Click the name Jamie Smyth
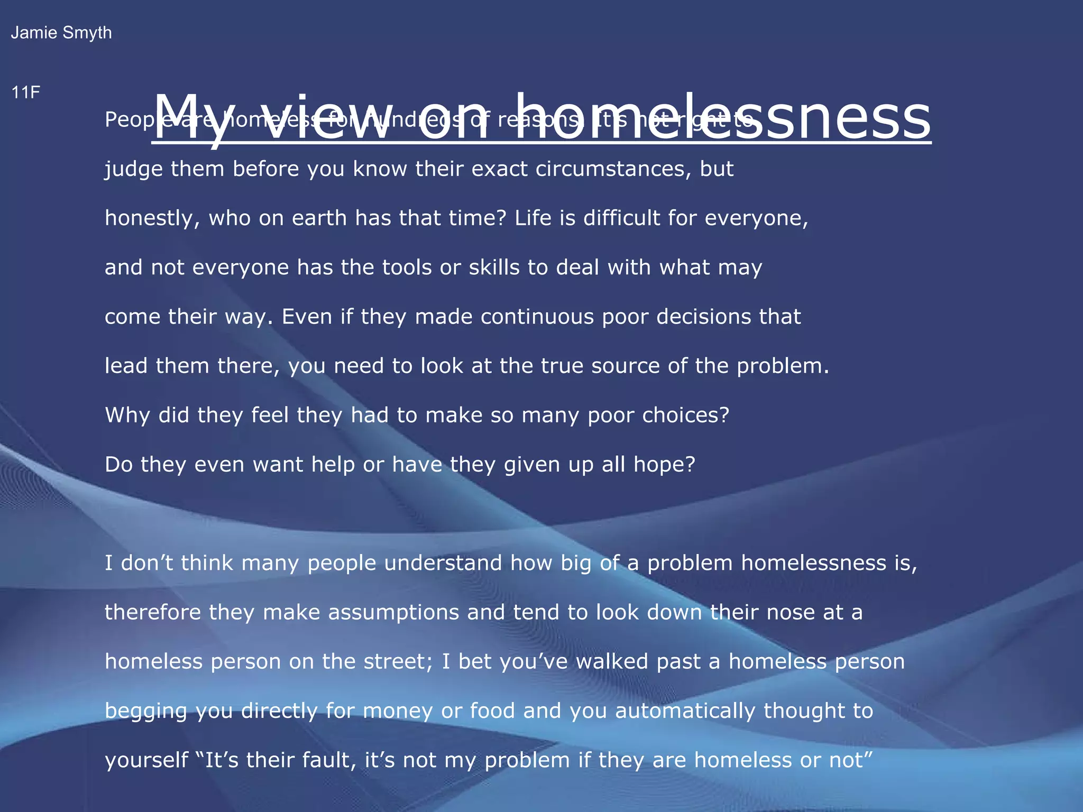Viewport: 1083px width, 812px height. [61, 33]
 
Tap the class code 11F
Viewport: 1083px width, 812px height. [25, 93]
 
